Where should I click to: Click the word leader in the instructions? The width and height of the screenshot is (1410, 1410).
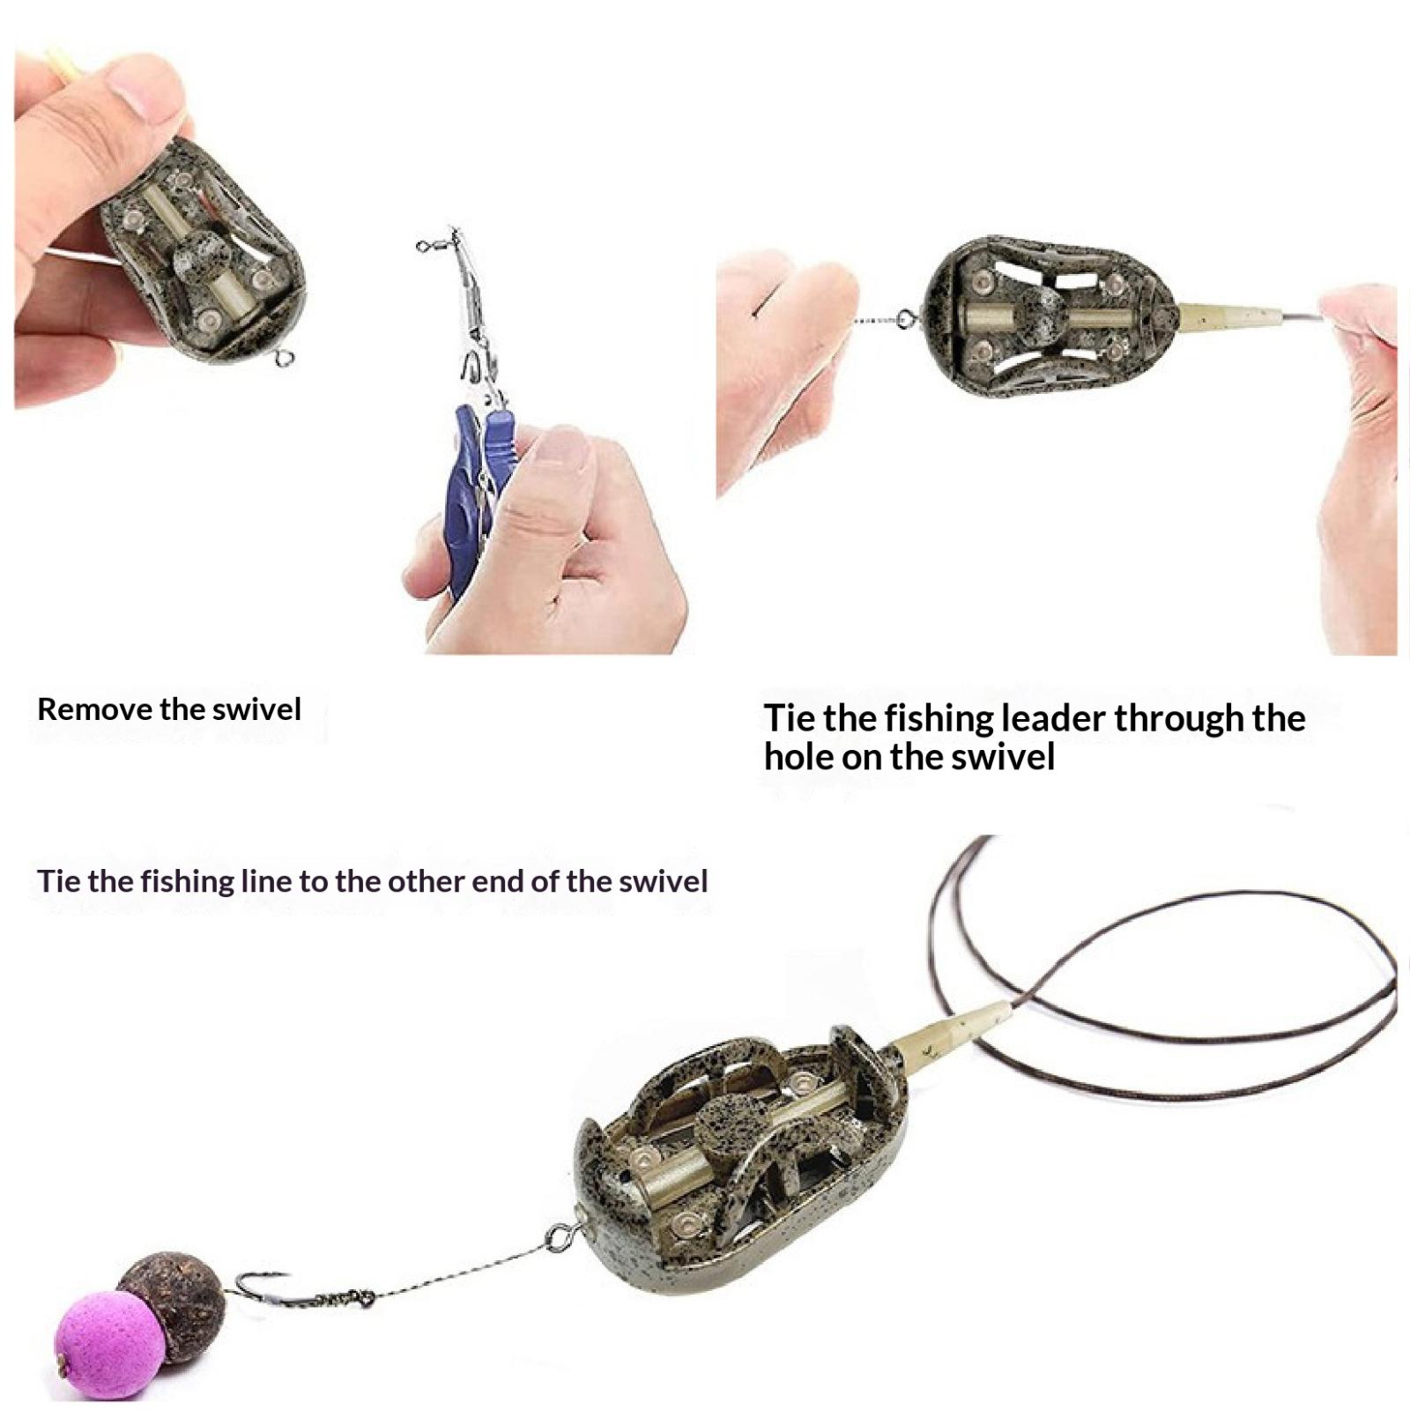(1052, 718)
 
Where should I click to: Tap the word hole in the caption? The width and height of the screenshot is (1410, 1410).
(797, 756)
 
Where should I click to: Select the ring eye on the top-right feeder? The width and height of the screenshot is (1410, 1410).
(906, 319)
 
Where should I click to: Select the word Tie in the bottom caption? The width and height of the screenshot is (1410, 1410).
(58, 881)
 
